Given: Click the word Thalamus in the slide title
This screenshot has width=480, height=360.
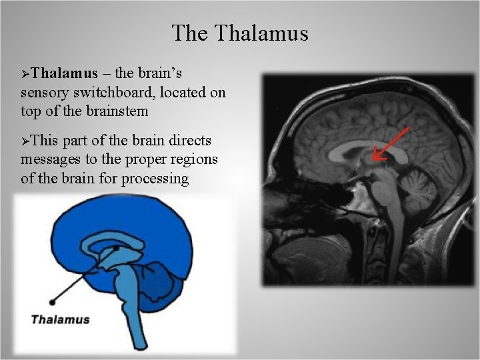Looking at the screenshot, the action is tap(261, 33).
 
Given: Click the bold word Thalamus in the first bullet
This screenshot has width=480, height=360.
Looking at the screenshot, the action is tap(65, 73).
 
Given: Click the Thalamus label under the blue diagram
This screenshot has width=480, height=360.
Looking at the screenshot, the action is tap(60, 319).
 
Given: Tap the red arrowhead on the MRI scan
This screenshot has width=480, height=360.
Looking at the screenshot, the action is tap(377, 156).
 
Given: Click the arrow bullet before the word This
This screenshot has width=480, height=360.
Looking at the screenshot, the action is tap(25, 141).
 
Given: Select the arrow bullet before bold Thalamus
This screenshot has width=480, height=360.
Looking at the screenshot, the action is tap(25, 74).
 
